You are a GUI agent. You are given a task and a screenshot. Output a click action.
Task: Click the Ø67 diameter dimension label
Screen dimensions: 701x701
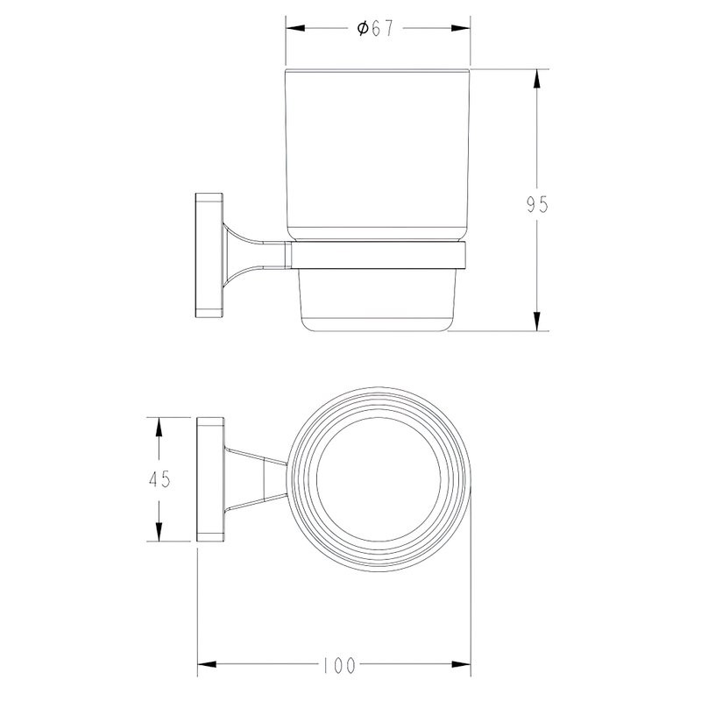click(x=375, y=29)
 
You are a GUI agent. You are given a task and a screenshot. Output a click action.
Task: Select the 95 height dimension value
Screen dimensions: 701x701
click(x=537, y=205)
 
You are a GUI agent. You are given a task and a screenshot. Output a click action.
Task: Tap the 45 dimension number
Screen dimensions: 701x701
click(x=159, y=479)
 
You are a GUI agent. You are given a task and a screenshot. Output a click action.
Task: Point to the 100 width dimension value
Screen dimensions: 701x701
click(x=339, y=665)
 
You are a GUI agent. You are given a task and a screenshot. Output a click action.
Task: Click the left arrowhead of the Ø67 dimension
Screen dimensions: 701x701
click(x=295, y=28)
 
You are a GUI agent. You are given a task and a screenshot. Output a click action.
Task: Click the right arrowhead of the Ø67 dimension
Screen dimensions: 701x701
click(x=461, y=28)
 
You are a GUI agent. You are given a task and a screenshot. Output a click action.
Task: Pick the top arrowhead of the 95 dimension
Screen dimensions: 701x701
click(x=537, y=79)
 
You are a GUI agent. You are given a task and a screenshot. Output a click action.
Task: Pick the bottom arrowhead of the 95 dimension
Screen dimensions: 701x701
click(x=537, y=322)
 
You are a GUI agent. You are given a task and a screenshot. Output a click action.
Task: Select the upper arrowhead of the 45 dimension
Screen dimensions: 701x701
click(x=159, y=427)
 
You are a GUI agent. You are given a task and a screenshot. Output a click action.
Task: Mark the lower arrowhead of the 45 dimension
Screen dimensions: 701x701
click(x=159, y=532)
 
